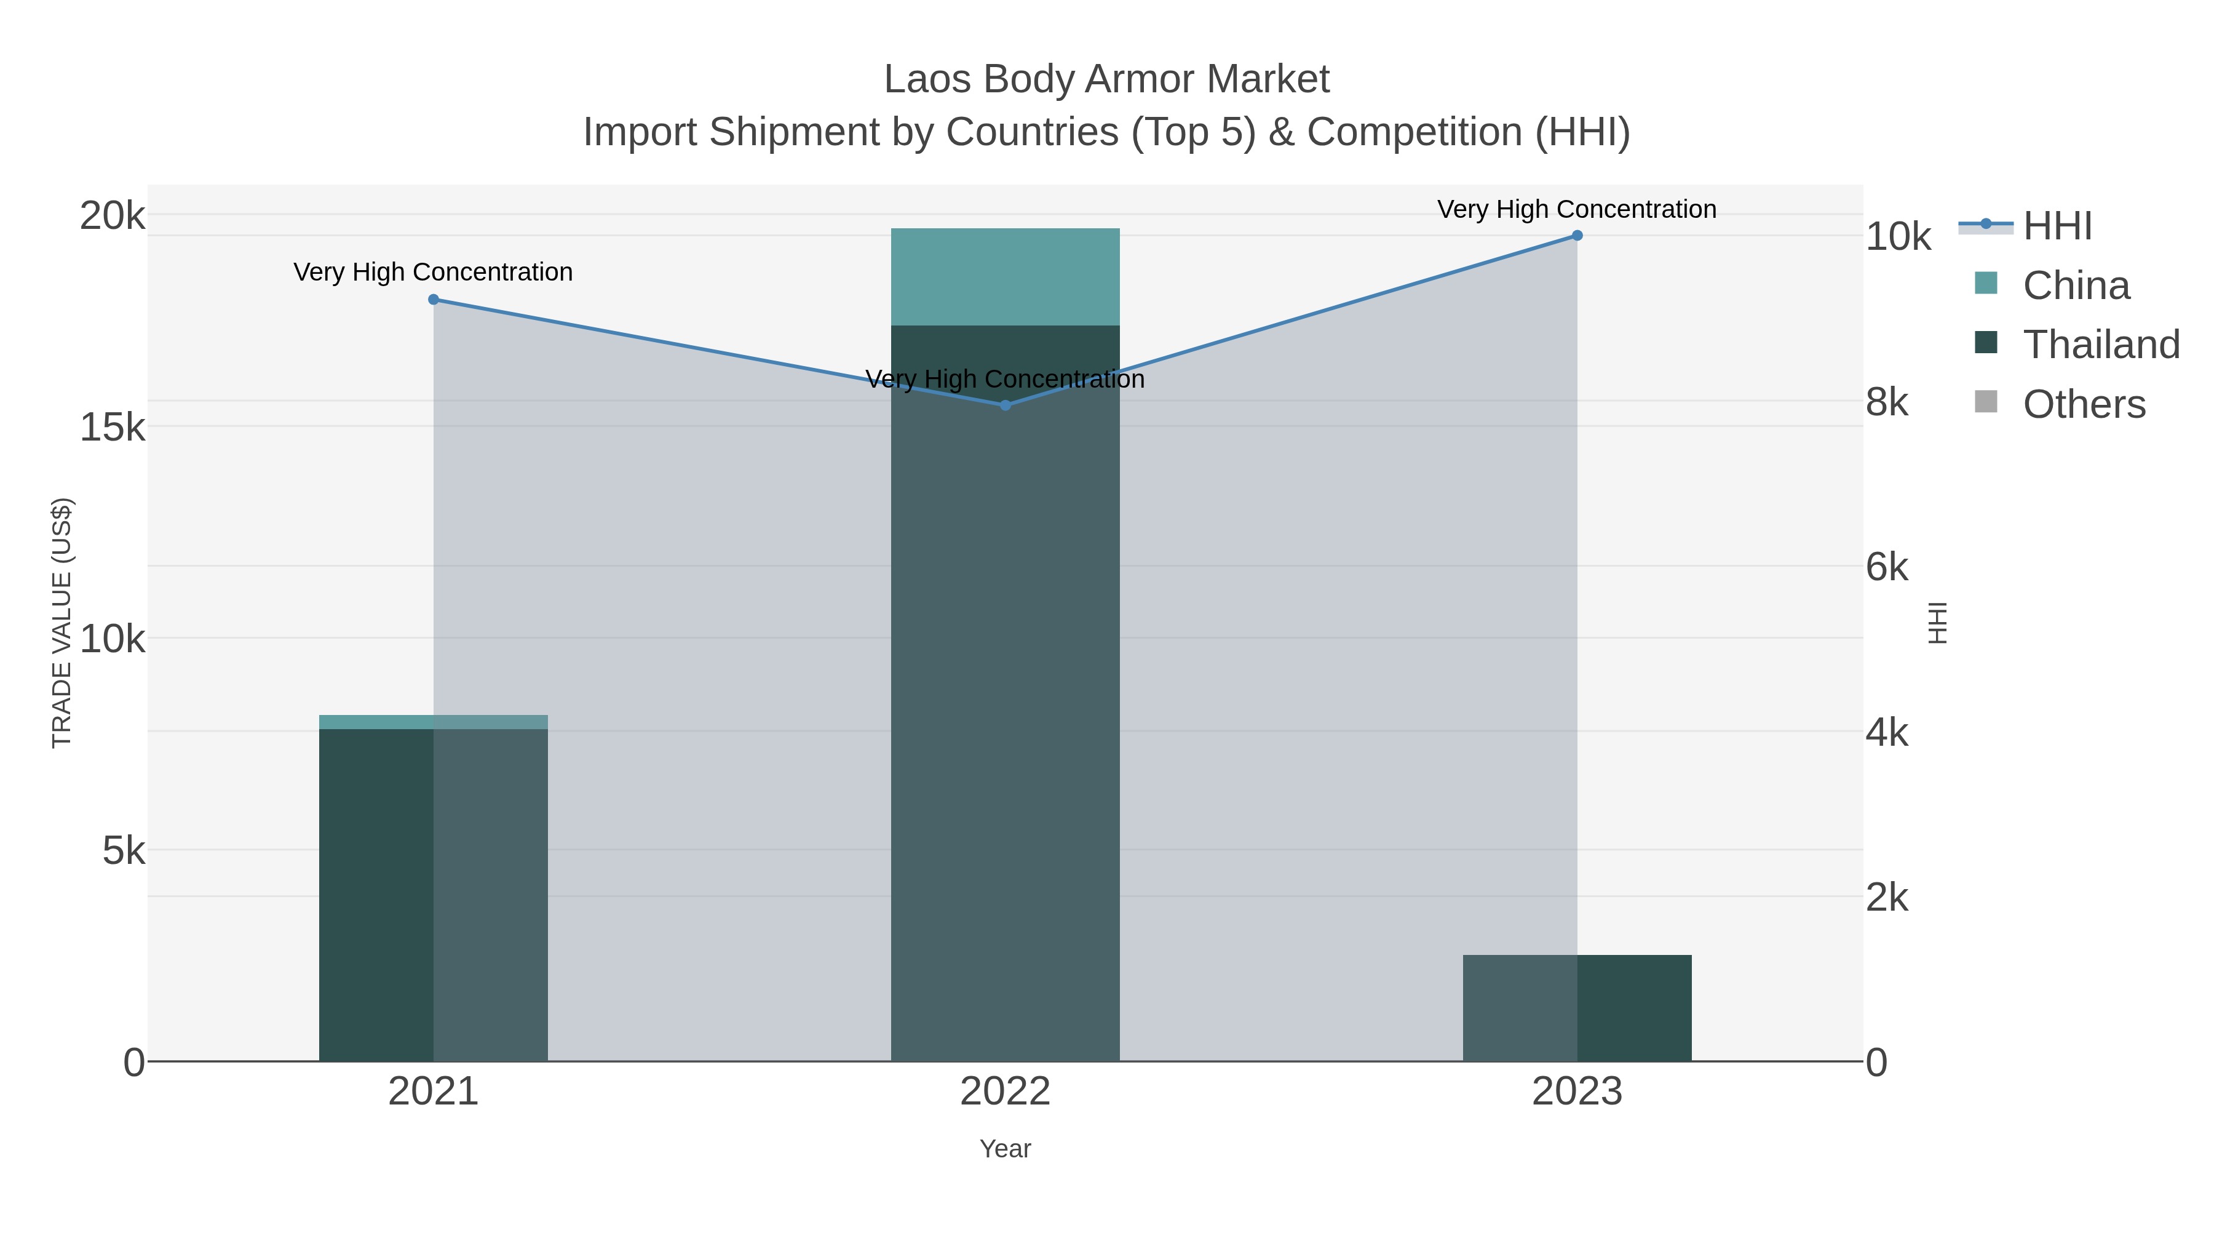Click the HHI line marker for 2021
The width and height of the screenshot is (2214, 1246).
(433, 299)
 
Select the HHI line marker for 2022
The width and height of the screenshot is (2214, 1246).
(1005, 405)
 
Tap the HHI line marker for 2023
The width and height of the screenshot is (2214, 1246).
(1577, 236)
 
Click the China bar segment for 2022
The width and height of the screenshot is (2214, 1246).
(1005, 277)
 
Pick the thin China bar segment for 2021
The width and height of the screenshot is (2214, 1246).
(433, 722)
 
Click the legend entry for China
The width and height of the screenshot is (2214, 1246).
(2076, 286)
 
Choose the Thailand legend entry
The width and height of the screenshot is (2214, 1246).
(2101, 344)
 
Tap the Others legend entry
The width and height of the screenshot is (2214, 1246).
(2084, 404)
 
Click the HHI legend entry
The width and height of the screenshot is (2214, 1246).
(2057, 226)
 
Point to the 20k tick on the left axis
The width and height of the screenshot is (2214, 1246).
(113, 216)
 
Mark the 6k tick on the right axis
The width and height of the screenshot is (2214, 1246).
(1887, 567)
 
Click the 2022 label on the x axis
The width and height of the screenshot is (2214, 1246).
(1005, 1091)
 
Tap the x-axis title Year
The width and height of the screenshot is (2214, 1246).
(1005, 1149)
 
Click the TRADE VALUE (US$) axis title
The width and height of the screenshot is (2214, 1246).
(62, 623)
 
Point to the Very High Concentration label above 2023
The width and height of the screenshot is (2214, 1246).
(1576, 209)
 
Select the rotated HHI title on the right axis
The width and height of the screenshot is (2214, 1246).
(1937, 623)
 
